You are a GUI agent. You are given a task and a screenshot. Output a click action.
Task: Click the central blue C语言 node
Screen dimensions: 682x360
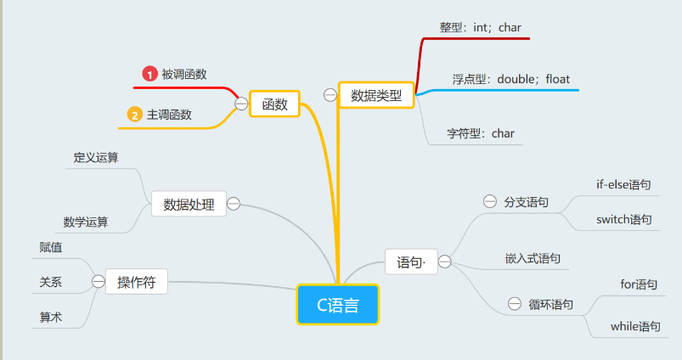[337, 304]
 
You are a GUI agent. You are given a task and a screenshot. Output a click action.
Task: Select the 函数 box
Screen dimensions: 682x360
[275, 104]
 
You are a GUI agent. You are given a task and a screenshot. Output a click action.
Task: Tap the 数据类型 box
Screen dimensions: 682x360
[376, 95]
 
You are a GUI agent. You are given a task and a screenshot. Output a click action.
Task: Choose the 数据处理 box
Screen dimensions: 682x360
[189, 204]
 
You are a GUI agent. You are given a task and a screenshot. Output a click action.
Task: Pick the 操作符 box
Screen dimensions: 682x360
[137, 282]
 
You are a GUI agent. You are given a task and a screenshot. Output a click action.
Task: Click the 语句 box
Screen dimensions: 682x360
[411, 262]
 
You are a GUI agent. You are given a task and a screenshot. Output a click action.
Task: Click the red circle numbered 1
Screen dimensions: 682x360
[149, 74]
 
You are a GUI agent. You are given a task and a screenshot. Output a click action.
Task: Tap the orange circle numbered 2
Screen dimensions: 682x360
[135, 115]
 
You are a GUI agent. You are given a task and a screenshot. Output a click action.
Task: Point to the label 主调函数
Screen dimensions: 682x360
[169, 115]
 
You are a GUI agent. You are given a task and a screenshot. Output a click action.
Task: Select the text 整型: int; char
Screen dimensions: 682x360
[480, 27]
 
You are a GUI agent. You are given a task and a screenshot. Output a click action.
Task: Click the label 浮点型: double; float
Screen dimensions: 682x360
[511, 79]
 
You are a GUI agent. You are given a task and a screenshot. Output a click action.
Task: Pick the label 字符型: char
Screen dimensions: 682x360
[481, 133]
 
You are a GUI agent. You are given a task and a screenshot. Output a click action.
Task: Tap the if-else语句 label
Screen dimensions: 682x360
[623, 185]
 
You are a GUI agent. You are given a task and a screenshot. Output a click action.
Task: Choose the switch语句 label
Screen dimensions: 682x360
[623, 220]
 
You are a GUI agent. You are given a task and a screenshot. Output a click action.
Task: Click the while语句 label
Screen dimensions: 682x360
[635, 327]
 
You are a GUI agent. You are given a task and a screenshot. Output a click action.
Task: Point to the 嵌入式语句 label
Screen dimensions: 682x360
[533, 259]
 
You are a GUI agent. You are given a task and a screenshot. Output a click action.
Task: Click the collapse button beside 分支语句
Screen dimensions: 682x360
[490, 201]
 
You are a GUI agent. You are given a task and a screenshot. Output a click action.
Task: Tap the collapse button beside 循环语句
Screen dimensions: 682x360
[515, 303]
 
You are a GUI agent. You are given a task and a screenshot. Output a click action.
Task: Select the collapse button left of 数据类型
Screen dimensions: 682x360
[330, 95]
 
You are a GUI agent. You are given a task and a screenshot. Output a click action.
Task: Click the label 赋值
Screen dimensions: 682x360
[50, 247]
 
